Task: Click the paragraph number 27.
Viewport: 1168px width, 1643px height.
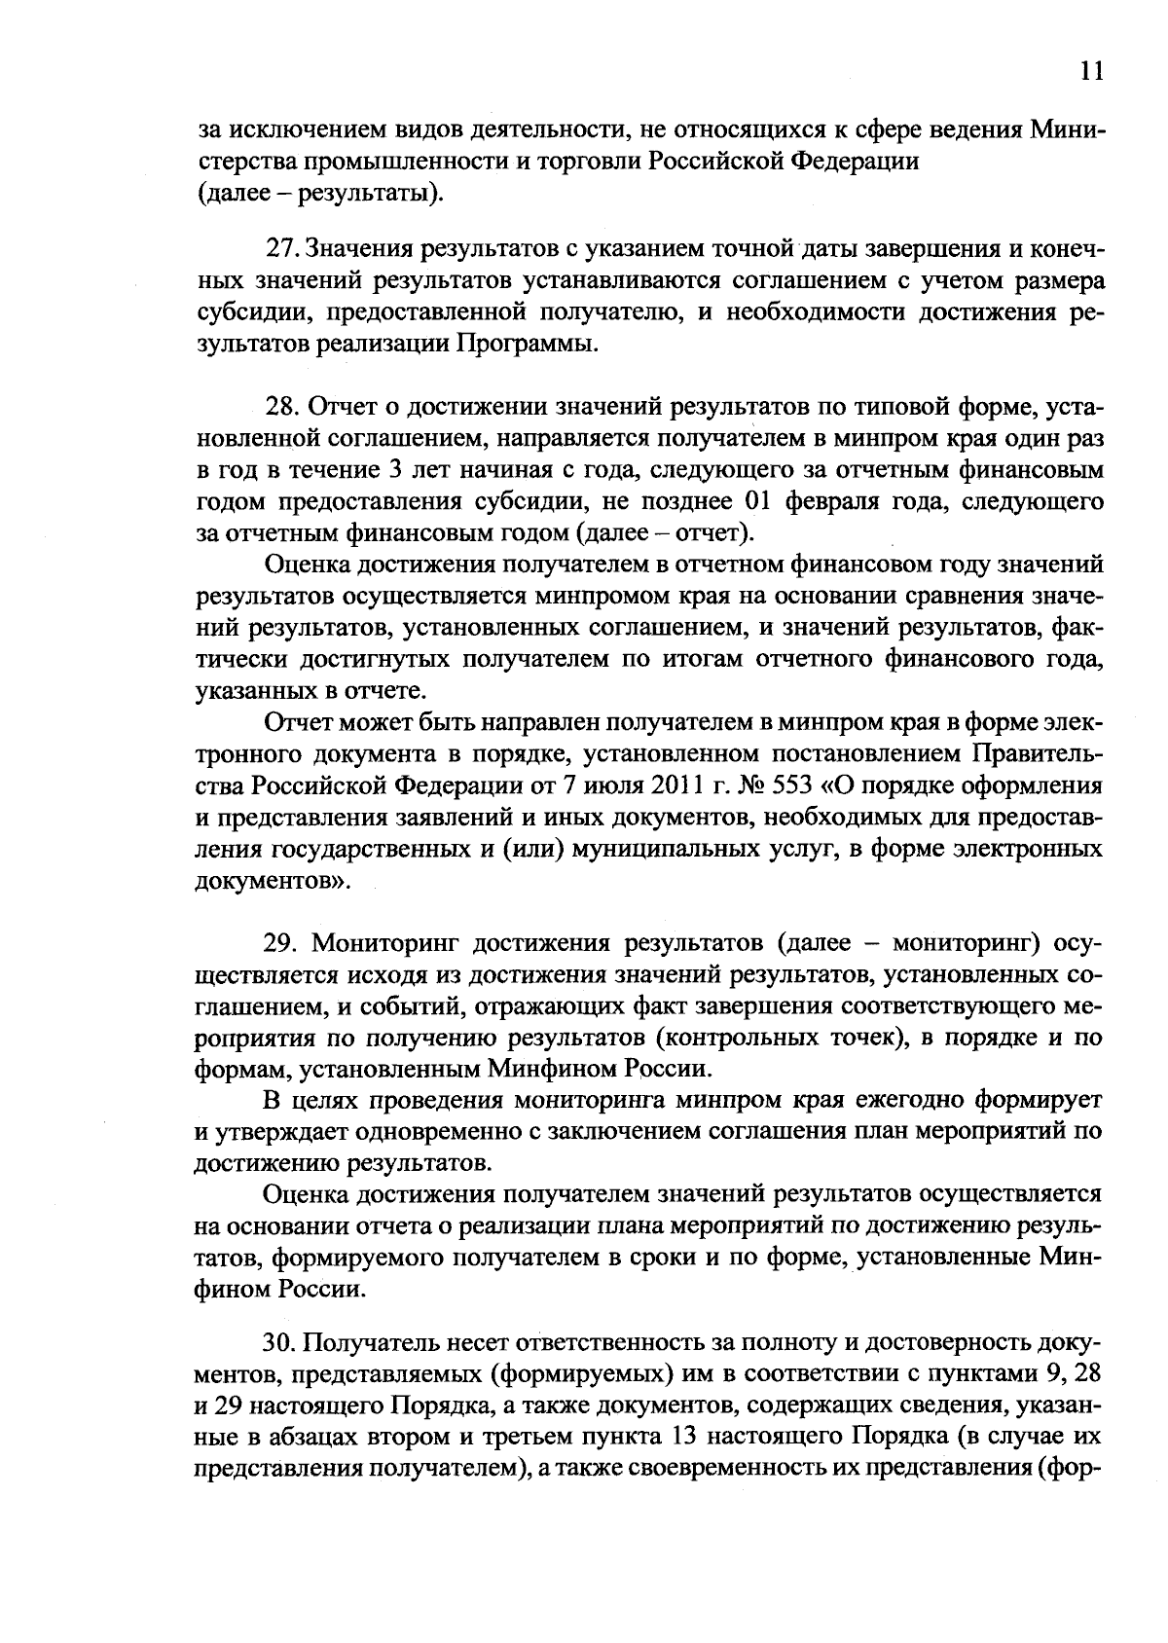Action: point(280,250)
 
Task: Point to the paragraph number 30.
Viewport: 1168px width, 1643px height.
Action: point(279,1343)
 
